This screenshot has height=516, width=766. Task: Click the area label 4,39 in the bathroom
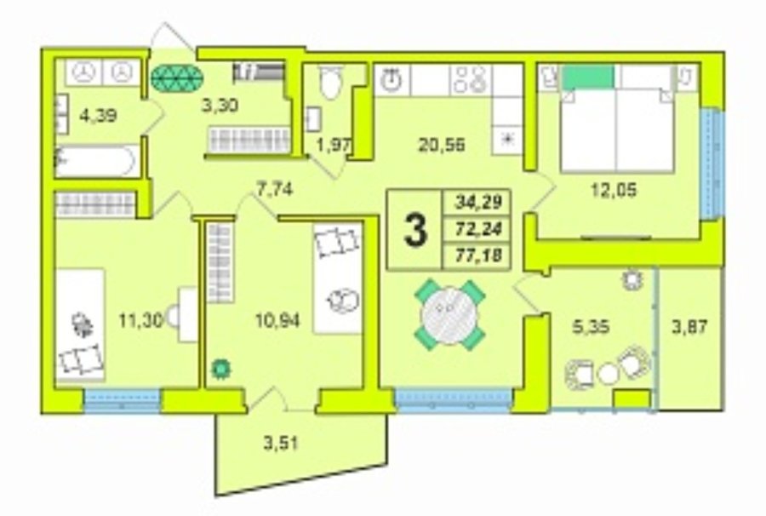point(98,117)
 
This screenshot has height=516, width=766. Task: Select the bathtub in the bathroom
point(94,160)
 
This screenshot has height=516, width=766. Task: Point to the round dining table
point(449,315)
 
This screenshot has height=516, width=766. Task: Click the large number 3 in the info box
point(415,230)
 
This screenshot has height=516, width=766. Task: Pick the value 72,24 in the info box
point(477,228)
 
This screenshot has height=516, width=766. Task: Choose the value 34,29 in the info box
point(477,201)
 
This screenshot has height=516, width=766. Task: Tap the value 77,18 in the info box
point(477,255)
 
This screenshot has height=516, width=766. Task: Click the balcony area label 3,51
point(281,444)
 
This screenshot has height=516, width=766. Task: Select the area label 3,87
point(689,326)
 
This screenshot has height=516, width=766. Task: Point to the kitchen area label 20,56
point(442,144)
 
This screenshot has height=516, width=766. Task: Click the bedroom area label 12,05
point(614,190)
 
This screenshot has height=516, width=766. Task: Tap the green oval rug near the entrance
point(176,78)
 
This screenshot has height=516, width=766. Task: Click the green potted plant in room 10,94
point(221,369)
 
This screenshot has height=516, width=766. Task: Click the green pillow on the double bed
point(588,77)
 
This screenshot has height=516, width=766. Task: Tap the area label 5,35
point(592,326)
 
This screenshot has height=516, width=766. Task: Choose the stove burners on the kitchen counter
point(468,80)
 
